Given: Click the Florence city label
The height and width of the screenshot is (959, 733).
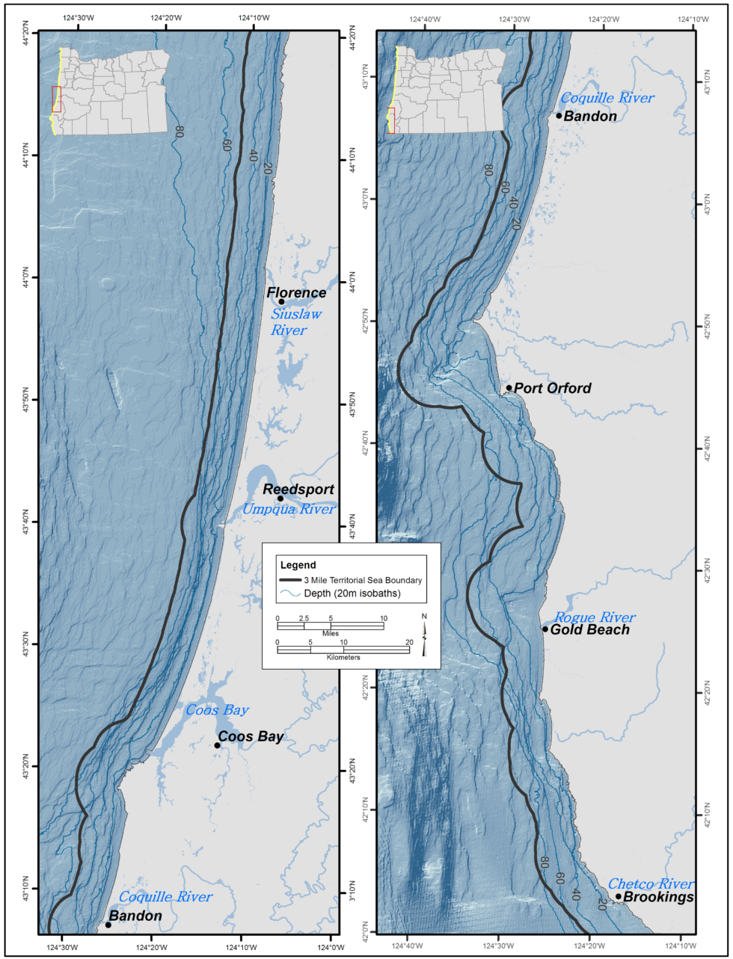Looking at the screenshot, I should click(297, 292).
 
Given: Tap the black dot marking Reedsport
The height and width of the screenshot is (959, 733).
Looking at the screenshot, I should click(280, 499).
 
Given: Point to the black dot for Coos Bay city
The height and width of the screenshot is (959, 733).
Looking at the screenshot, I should click(218, 745).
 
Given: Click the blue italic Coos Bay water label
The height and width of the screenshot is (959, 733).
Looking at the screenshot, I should click(217, 709).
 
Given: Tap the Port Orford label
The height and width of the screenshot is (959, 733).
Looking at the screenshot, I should click(553, 388).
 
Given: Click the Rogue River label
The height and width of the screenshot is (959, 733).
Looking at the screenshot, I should click(595, 617).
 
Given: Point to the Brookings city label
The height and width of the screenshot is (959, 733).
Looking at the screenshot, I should click(658, 897).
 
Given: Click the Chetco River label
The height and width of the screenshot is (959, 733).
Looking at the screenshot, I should click(650, 884).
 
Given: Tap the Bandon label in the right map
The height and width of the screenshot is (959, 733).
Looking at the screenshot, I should click(590, 116).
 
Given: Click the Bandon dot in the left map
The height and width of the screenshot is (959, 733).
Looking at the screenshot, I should click(108, 925).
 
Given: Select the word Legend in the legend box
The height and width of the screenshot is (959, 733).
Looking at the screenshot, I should click(297, 565).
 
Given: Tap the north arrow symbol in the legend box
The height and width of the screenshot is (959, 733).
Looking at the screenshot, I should click(424, 635).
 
